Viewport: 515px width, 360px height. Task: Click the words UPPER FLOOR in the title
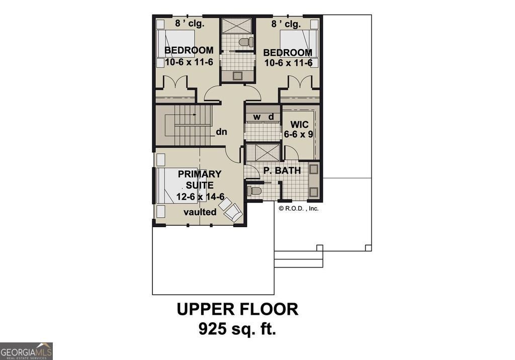click(x=237, y=309)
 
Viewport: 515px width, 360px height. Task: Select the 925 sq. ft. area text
click(x=237, y=329)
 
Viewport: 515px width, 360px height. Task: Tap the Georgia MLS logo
click(x=26, y=351)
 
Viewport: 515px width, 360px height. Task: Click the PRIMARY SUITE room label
click(x=199, y=179)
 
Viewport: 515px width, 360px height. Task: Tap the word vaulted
click(x=200, y=212)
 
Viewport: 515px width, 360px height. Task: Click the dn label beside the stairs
click(x=222, y=133)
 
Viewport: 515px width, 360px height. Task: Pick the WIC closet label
click(x=296, y=123)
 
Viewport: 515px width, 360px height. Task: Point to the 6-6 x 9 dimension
click(x=298, y=135)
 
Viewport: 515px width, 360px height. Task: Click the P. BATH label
click(x=282, y=171)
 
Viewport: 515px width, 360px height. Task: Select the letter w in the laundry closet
click(x=256, y=117)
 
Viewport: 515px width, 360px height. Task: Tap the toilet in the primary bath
click(x=254, y=191)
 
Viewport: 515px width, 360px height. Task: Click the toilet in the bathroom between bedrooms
click(x=245, y=42)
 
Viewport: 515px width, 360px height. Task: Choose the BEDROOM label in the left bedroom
click(x=189, y=51)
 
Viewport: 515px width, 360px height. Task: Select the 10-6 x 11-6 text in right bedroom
click(x=289, y=63)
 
